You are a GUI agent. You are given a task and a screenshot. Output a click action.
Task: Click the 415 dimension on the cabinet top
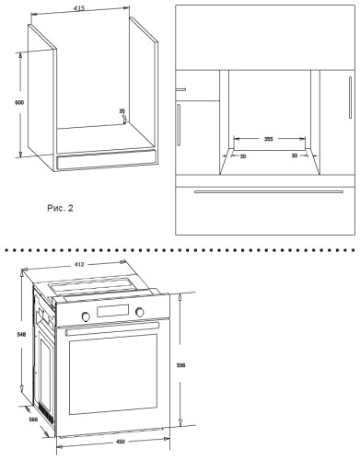79,8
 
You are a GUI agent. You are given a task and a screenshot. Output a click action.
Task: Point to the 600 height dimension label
19,102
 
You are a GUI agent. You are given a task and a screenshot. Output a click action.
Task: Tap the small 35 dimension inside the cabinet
122,110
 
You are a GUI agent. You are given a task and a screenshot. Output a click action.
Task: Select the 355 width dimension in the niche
269,139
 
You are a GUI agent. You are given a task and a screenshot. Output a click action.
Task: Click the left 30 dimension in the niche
243,156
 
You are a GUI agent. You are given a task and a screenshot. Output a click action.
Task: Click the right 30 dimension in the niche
295,155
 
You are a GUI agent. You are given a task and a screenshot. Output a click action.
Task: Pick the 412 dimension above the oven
79,264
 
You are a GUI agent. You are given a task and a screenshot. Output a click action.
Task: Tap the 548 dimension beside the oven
21,334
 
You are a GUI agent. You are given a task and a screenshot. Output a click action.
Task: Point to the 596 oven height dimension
181,365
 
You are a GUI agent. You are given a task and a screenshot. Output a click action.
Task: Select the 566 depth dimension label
33,420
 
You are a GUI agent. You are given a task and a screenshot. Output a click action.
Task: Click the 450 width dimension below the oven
121,442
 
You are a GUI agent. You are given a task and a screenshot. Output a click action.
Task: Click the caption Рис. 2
60,208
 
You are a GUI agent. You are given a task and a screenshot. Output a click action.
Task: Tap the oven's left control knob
86,316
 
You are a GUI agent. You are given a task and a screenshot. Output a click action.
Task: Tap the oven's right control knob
140,312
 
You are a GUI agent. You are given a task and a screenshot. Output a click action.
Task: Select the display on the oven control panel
112,311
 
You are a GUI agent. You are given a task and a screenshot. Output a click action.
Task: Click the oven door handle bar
112,328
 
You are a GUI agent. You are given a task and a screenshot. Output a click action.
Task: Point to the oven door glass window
113,374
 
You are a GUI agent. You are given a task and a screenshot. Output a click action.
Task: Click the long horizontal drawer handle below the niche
269,192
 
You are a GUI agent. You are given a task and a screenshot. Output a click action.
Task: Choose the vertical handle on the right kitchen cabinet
350,98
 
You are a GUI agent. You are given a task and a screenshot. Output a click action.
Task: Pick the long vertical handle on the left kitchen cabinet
179,125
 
